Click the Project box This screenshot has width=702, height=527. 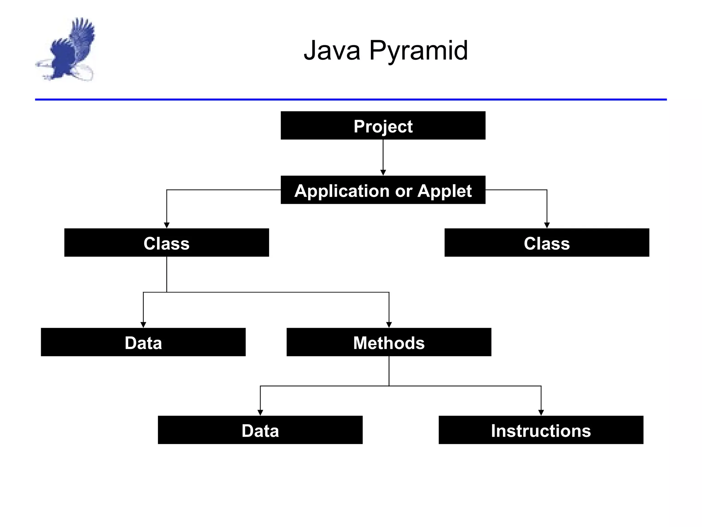[x=383, y=126]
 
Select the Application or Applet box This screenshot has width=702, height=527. [x=383, y=190]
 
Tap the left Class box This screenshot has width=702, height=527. [x=167, y=243]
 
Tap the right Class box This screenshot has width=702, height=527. [x=547, y=243]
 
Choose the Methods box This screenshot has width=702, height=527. [x=389, y=342]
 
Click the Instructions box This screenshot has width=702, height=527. [x=541, y=430]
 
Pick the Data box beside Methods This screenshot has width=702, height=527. [x=143, y=342]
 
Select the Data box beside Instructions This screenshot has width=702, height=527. [x=260, y=430]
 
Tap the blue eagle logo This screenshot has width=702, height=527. [x=67, y=50]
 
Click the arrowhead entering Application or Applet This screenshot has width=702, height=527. [x=383, y=173]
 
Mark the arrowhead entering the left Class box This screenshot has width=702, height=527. [x=167, y=225]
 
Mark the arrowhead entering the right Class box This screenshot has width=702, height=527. [x=547, y=225]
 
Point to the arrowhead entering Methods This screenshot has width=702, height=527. [x=389, y=325]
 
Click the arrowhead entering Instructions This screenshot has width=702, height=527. [x=541, y=413]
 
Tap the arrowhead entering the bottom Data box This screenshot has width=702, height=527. [x=260, y=413]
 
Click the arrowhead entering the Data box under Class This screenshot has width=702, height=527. [x=143, y=325]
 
